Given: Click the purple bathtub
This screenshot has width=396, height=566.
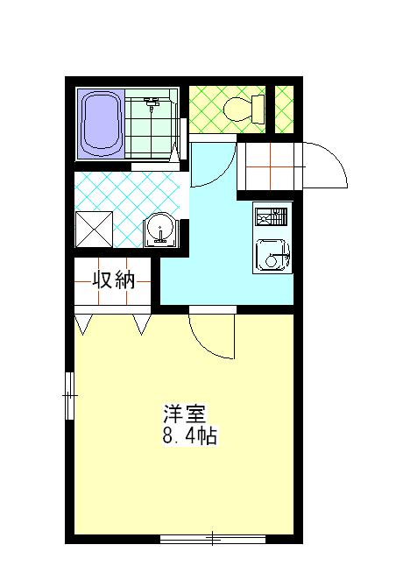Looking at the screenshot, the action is tap(101, 124).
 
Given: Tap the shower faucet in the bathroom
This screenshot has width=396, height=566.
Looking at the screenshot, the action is tap(152, 103).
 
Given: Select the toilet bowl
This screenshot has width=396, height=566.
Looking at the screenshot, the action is tap(237, 109).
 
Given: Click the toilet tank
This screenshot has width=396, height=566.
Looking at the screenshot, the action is tap(258, 109).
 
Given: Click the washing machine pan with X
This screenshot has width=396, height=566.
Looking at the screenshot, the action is tap(94, 230).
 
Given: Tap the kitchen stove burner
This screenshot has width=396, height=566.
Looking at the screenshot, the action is tap(271, 216).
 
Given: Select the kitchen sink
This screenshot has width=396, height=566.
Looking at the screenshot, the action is tap(272, 255).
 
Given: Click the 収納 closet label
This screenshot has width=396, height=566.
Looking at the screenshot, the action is tap(114, 279).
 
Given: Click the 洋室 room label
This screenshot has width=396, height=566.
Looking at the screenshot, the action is tap(185, 414).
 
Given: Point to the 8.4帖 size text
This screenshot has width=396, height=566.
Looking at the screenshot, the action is tap(190, 435).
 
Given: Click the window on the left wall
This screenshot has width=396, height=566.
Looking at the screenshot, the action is tap(70, 396).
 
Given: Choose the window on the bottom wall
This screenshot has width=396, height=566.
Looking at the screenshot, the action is tap(213, 540).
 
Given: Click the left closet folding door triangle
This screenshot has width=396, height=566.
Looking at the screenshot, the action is tap(83, 324).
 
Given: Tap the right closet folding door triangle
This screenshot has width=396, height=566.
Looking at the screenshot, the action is tap(142, 324).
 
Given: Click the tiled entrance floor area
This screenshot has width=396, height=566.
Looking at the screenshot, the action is tap(270, 166).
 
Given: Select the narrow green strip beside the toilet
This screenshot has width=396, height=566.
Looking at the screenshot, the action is tap(284, 110).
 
